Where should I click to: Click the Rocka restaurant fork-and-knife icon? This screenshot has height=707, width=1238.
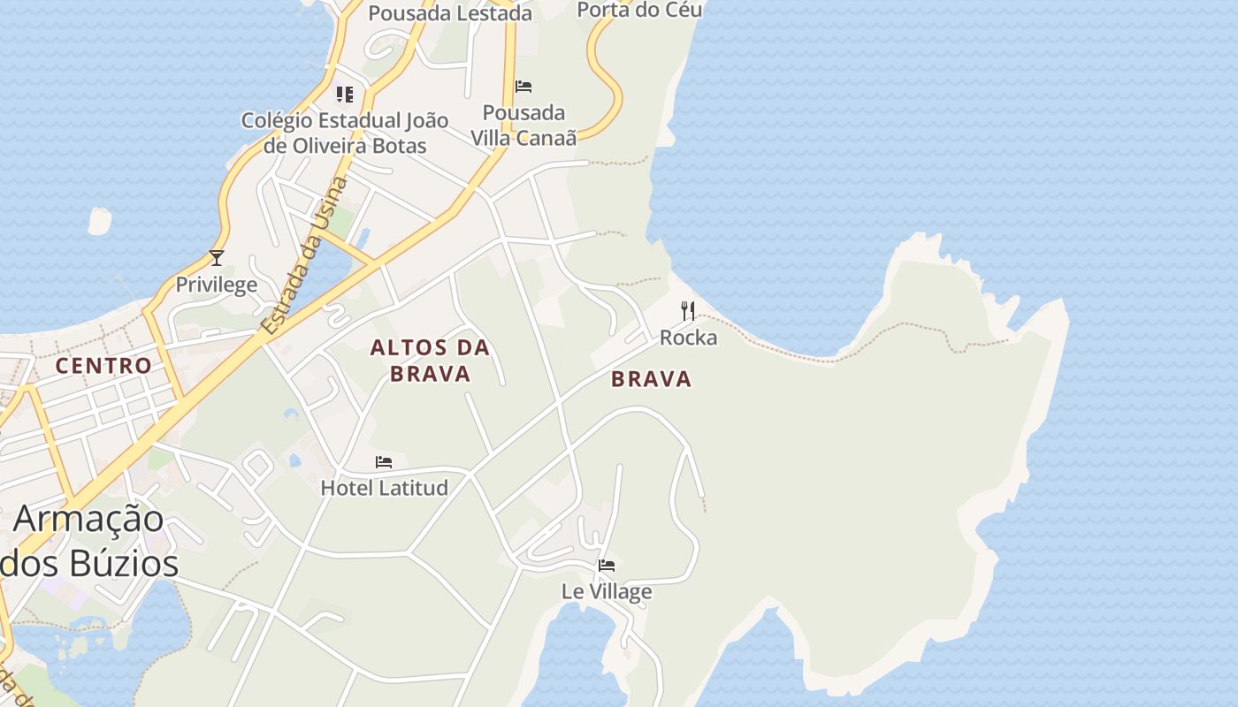click(x=688, y=310)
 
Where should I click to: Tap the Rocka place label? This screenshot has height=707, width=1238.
click(x=688, y=338)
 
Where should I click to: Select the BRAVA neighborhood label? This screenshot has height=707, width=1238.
click(x=651, y=379)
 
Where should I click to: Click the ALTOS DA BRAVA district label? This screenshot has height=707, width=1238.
click(x=430, y=361)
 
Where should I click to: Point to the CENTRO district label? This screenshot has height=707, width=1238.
click(x=103, y=365)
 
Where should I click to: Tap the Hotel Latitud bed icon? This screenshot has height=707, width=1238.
click(x=384, y=462)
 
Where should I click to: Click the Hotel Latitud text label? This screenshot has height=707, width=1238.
click(x=384, y=487)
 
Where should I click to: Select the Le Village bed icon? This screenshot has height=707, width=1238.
click(x=607, y=566)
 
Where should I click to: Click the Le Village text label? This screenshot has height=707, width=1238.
click(x=607, y=591)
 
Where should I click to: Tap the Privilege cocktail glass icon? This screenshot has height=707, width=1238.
click(x=217, y=258)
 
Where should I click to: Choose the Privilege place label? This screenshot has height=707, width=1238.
click(x=217, y=284)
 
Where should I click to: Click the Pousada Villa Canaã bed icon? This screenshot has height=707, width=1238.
click(x=523, y=87)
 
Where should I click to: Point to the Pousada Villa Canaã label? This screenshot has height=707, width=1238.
click(x=523, y=125)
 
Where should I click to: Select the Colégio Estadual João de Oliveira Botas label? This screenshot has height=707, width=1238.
click(x=345, y=133)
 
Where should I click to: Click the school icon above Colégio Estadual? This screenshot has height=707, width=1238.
click(x=345, y=94)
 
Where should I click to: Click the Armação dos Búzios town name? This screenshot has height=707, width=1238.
click(x=88, y=540)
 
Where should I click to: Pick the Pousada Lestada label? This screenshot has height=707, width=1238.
click(x=450, y=12)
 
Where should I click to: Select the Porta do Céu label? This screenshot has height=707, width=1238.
click(x=639, y=9)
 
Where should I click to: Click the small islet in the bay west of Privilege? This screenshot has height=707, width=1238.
click(x=100, y=221)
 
